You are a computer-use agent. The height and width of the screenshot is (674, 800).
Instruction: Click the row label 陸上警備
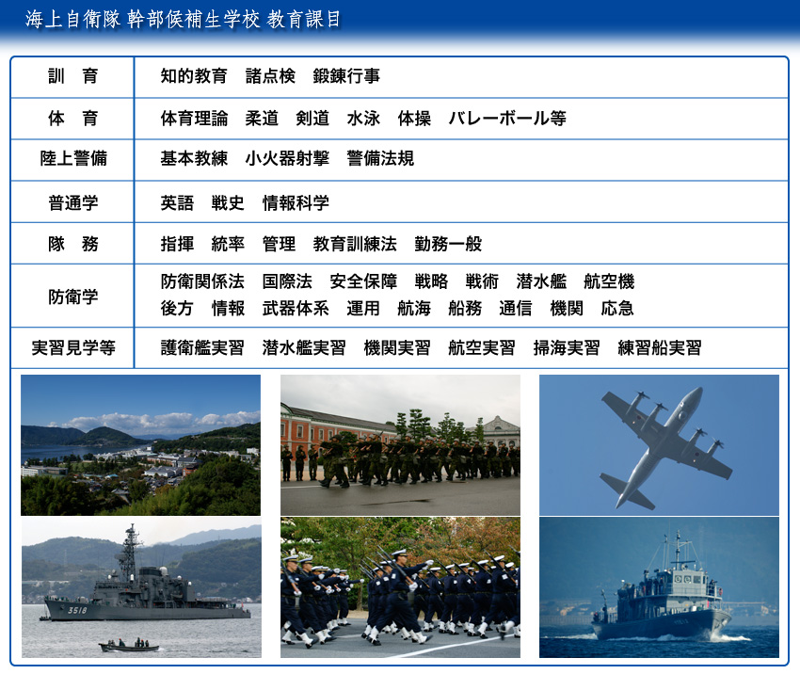tap(73, 159)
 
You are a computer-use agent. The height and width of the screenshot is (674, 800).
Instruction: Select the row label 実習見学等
tap(73, 348)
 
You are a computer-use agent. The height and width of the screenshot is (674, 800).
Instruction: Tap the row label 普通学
tap(73, 203)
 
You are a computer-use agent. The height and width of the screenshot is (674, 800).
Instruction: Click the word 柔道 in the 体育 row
tap(262, 119)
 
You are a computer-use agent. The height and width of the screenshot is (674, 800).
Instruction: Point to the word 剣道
tap(312, 119)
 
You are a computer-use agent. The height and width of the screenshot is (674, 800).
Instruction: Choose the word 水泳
tap(364, 119)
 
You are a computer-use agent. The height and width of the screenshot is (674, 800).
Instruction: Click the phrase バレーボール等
tap(507, 119)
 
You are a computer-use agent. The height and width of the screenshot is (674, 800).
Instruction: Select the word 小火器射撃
tap(287, 159)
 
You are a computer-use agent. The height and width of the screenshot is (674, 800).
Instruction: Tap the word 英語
tap(177, 203)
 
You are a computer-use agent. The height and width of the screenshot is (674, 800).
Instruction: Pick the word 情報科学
tap(296, 203)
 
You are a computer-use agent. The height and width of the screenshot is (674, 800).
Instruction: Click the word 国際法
tap(287, 281)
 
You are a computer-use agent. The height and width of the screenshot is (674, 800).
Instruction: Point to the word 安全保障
tap(363, 281)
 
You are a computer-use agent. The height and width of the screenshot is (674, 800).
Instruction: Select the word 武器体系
tap(296, 308)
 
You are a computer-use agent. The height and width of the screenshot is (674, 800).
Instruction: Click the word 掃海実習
tap(567, 348)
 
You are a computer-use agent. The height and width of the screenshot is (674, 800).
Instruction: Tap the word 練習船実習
tap(660, 348)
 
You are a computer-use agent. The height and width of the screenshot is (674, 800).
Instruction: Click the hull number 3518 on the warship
tap(77, 610)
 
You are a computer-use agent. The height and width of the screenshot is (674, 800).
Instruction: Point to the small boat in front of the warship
tap(129, 647)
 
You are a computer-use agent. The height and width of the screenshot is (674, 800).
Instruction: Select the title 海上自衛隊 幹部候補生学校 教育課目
tap(184, 20)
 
